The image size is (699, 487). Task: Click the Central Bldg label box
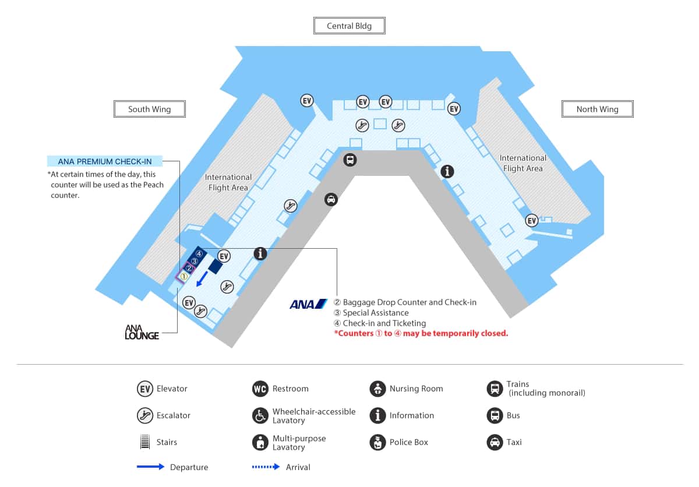[349, 26]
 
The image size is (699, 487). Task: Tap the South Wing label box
[149, 109]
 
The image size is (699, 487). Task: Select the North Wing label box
[597, 109]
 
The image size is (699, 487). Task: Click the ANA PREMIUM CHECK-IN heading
[105, 161]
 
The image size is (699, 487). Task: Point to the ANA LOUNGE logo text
[142, 332]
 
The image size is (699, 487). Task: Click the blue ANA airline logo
[308, 304]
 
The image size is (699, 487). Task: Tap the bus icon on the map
[349, 160]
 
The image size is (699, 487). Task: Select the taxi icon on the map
[331, 200]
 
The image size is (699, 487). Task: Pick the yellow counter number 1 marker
[183, 277]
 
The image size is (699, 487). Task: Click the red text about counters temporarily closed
[421, 334]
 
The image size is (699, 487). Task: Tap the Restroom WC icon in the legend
[260, 389]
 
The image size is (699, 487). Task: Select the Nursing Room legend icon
[377, 389]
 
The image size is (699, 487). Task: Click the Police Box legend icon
[377, 442]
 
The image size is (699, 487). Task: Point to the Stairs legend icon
[144, 442]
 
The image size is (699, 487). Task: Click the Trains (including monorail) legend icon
[495, 389]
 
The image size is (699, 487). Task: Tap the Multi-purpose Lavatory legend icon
[260, 442]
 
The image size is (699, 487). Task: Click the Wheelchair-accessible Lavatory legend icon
[260, 415]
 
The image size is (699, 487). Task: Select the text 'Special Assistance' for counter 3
[375, 313]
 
